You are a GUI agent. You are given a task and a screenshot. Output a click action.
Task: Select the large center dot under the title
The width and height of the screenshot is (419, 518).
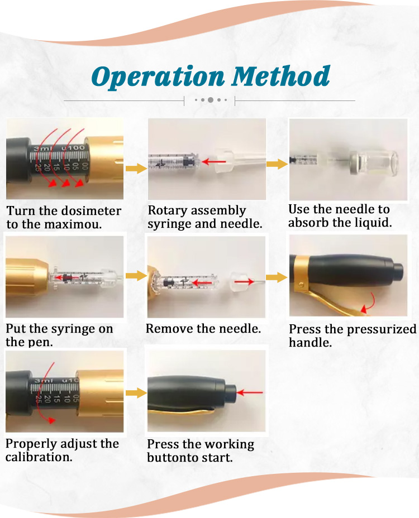tap(210, 100)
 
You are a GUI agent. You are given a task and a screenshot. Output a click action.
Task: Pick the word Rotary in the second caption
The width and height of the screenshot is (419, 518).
tap(167, 211)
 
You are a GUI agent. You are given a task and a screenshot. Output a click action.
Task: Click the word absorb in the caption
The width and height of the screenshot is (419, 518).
tap(309, 222)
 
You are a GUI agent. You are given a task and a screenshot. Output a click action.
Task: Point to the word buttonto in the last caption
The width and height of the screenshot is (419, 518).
tap(173, 458)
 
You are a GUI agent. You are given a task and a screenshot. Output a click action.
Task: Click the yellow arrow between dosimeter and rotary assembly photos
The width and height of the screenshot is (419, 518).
tap(135, 169)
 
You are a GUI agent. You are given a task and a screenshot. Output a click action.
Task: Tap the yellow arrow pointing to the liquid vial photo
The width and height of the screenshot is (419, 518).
tap(277, 164)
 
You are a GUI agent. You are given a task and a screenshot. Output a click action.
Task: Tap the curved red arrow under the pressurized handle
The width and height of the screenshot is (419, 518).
tap(368, 306)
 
